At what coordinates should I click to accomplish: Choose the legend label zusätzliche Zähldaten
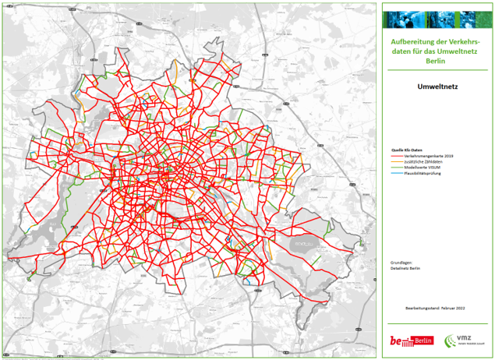(421, 161)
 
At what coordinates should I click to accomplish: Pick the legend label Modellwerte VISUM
(423, 168)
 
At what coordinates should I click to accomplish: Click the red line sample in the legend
(398, 156)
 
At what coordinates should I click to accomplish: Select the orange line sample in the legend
(398, 161)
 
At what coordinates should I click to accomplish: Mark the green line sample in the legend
(398, 168)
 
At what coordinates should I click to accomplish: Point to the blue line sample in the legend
(398, 174)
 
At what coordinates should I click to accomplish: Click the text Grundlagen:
(400, 262)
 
